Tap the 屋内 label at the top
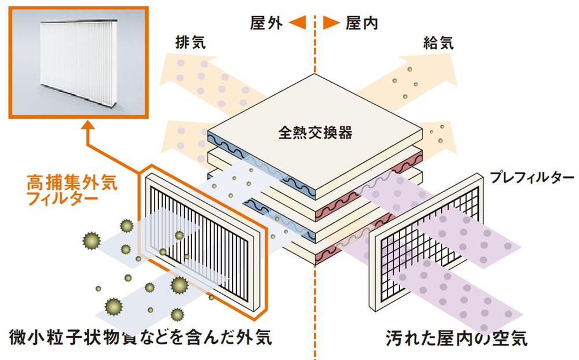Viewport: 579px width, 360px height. (x=362, y=23)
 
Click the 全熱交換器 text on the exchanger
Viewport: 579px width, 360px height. (x=315, y=133)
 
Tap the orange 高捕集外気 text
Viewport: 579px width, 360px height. (x=72, y=184)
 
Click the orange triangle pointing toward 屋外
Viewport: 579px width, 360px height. (x=297, y=23)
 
